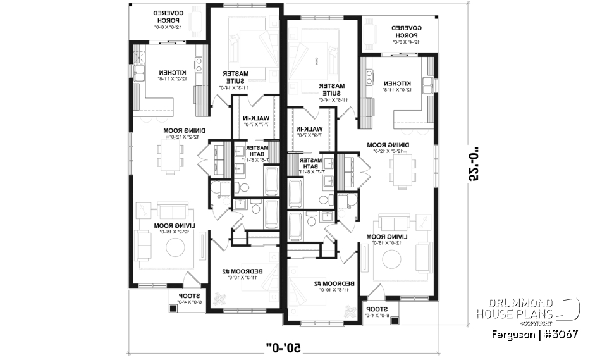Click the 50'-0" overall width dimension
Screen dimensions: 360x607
285,347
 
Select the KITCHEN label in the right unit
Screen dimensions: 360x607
395,84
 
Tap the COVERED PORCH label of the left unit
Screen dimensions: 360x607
169,20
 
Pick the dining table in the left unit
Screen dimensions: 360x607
170,156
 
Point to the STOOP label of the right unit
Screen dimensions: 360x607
378,309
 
